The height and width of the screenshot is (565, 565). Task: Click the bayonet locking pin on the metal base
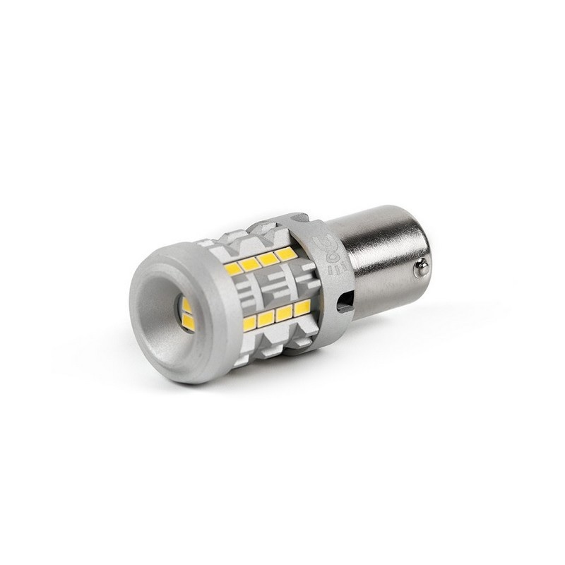click(x=422, y=266)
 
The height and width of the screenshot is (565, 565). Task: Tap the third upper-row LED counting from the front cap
click(x=268, y=258)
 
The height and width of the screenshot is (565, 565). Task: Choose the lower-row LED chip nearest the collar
click(x=302, y=307)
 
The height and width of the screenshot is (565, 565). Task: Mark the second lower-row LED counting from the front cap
click(x=266, y=319)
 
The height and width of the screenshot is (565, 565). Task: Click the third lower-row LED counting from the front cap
click(x=285, y=314)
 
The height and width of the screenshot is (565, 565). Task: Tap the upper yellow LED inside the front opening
click(x=186, y=305)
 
